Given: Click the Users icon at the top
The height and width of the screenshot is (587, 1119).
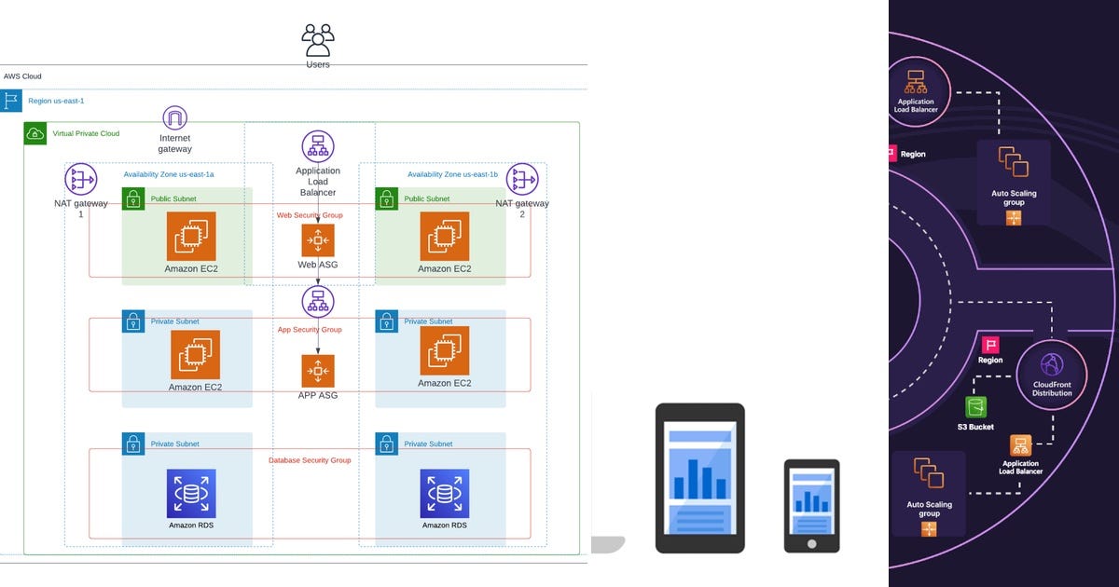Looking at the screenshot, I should click(317, 41).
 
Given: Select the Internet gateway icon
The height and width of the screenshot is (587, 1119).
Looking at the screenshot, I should click(175, 118).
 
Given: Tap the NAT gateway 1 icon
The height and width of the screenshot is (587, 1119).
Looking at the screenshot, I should click(81, 180).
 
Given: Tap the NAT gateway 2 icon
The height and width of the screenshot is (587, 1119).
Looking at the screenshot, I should click(522, 180).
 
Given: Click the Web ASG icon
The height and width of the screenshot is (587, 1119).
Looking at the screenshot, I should click(318, 240).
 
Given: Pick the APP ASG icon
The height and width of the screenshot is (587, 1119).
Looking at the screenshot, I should click(318, 371).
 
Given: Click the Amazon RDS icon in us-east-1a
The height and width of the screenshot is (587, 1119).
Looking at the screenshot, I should click(191, 493).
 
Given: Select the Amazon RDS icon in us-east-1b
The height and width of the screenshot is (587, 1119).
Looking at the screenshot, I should click(444, 493).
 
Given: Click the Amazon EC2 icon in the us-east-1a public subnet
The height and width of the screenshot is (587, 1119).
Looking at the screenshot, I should click(191, 236).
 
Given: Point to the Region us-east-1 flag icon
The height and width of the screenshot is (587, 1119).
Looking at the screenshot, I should click(11, 101).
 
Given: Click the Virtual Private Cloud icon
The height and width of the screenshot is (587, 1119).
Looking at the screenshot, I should click(35, 133).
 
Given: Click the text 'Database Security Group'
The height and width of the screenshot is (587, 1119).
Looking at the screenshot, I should click(310, 460).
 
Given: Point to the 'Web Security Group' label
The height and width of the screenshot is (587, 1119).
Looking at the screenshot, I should click(310, 215).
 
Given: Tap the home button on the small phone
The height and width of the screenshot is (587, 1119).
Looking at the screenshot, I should click(811, 542).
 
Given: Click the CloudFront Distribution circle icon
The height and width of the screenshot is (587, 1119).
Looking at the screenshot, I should click(1052, 363).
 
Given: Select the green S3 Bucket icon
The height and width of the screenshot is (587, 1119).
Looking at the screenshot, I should click(975, 407).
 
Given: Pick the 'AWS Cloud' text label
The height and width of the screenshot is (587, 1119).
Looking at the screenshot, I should click(22, 76).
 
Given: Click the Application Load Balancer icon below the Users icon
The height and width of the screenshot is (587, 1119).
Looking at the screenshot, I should click(318, 146).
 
